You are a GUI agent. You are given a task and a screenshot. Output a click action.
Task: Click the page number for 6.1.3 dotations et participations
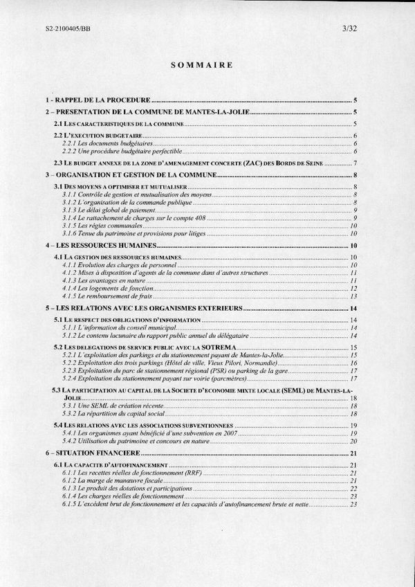[353, 489]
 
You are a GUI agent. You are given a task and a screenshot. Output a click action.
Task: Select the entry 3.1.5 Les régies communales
[104, 226]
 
